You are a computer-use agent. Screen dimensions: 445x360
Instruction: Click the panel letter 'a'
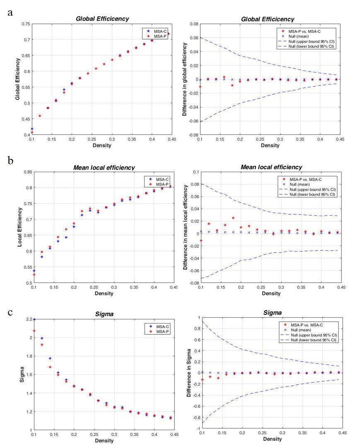[x=10, y=12]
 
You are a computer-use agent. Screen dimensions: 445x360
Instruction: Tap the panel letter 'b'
[x=10, y=160]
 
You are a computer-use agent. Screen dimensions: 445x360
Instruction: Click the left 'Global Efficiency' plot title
[x=102, y=19]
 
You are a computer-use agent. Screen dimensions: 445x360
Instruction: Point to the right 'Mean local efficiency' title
[x=271, y=167]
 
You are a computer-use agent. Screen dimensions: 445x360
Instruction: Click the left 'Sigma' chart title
[x=102, y=314]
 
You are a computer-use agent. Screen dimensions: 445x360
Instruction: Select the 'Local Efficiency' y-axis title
[x=19, y=227]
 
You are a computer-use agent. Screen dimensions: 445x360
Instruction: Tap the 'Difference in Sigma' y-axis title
[x=189, y=373]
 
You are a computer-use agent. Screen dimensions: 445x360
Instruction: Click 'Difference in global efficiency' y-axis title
[x=185, y=79]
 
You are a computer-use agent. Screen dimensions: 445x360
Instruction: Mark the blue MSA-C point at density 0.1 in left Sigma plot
[x=34, y=319]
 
